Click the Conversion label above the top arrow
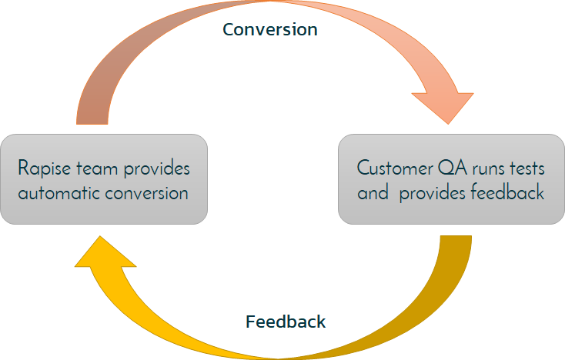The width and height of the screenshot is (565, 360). point(269,30)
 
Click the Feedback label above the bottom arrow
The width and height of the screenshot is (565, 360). point(286,322)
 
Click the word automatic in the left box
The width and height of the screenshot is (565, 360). point(58,192)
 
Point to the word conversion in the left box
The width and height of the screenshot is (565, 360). point(146,192)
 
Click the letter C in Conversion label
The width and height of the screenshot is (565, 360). point(229,30)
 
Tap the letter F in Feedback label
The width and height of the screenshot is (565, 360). point(250,322)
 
